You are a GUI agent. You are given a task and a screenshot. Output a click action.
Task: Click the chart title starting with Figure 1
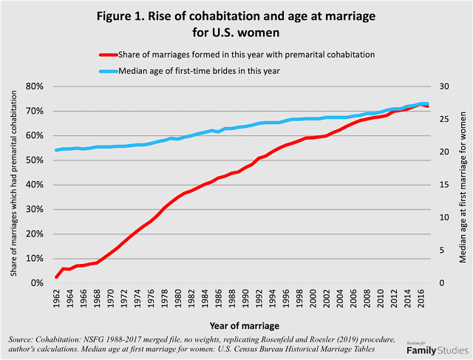pos(236,23)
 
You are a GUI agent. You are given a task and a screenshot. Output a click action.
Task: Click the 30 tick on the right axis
pos(442,86)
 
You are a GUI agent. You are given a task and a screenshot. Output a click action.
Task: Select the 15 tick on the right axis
pos(442,185)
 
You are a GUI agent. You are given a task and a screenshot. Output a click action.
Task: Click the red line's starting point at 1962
pos(57,277)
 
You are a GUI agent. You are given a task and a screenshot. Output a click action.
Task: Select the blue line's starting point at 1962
pos(57,150)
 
